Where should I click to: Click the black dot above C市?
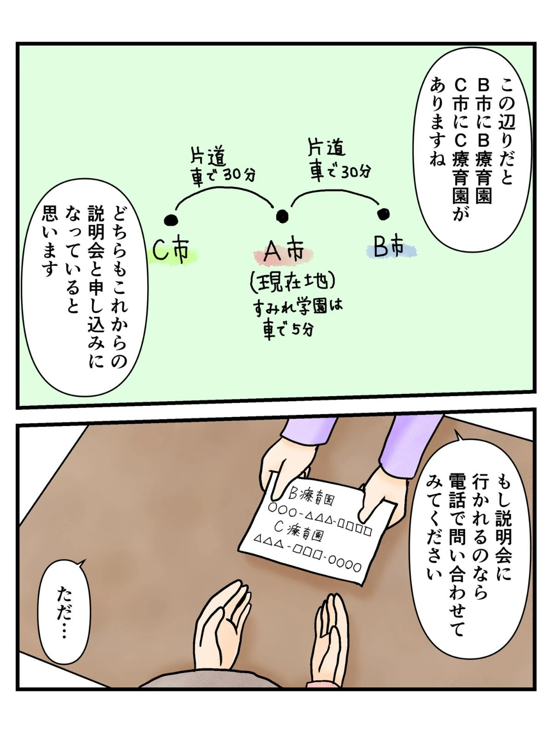point(171,219)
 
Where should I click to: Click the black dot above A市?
point(282,216)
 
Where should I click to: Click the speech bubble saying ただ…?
point(64,608)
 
